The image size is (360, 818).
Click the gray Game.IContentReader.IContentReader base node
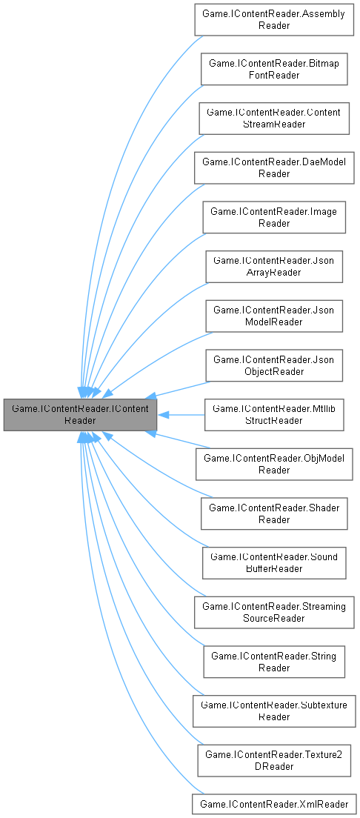pos(80,415)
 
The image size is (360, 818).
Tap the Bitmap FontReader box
pos(274,69)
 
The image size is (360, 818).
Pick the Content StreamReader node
pos(274,118)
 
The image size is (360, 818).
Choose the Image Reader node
pos(274,217)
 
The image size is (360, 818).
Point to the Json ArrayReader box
pos(274,266)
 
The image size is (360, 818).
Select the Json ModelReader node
pos(274,316)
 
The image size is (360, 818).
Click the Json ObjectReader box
pos(274,365)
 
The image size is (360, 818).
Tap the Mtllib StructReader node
pos(274,415)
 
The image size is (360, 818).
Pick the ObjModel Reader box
pos(274,464)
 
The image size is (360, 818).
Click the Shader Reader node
pos(274,513)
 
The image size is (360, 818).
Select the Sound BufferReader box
pos(274,562)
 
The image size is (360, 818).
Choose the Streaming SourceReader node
pos(274,612)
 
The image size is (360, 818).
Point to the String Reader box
pos(274,662)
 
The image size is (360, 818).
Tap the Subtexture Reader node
pos(274,711)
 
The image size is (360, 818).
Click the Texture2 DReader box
pos(274,759)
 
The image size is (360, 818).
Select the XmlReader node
pos(274,803)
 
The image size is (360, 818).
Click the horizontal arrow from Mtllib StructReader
pos(181,415)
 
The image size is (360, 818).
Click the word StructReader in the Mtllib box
pos(274,421)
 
